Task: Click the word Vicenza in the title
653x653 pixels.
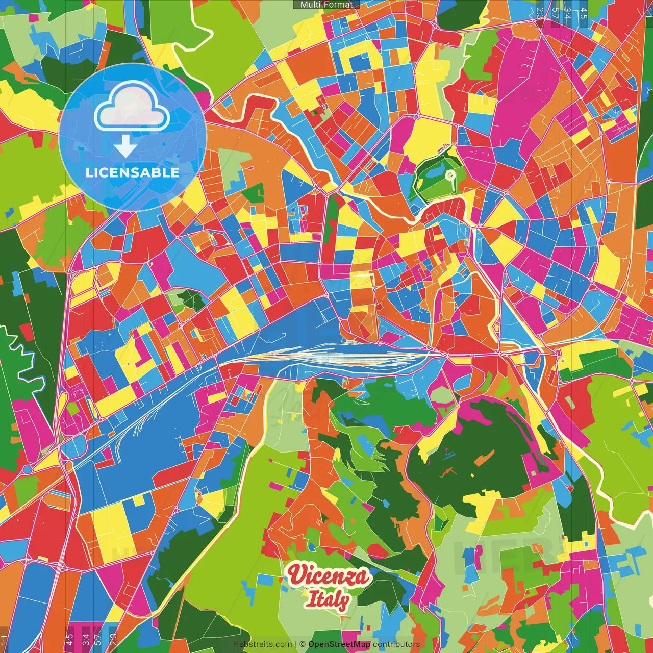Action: click(x=329, y=575)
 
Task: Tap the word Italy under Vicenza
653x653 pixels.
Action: click(x=328, y=600)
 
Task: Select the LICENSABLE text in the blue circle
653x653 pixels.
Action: click(x=132, y=172)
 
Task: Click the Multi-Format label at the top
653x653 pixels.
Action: click(x=326, y=5)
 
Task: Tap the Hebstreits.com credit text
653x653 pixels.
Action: click(x=262, y=644)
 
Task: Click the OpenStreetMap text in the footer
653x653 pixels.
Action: click(x=339, y=644)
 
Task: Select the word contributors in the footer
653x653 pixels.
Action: click(x=396, y=644)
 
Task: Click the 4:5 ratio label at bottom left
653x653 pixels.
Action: click(x=69, y=639)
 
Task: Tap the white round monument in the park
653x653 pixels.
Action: click(x=449, y=175)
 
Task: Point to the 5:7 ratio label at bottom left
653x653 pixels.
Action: click(x=98, y=639)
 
